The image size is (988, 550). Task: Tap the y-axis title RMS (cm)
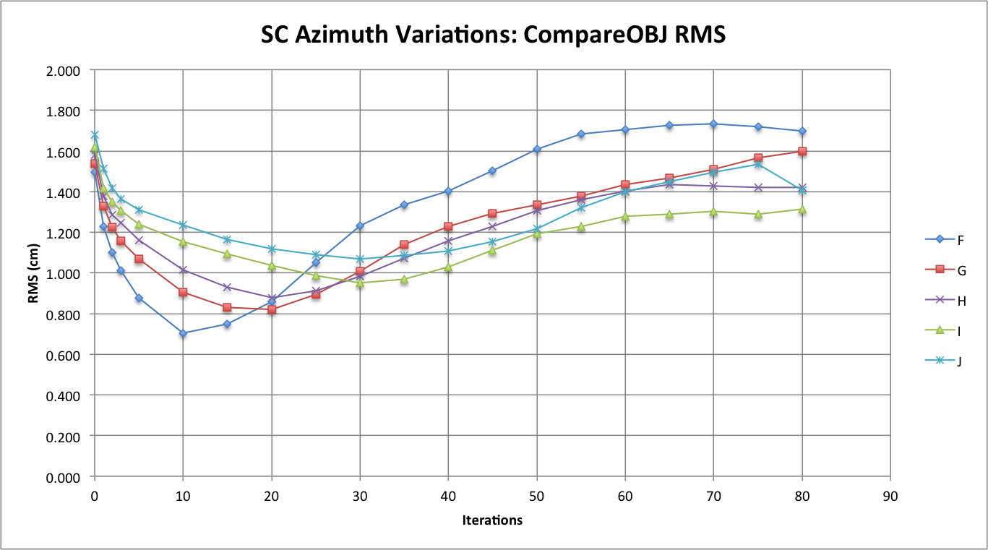tap(34, 274)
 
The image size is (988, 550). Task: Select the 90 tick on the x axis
tap(890, 497)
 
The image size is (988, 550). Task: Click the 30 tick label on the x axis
tap(360, 497)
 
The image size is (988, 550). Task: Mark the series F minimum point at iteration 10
tap(183, 333)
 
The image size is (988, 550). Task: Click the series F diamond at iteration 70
tap(713, 124)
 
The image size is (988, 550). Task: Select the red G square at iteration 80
tap(802, 151)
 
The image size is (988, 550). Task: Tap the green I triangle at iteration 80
tap(802, 209)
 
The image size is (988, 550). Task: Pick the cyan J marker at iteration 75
tap(758, 164)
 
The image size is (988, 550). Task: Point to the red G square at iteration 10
tap(183, 292)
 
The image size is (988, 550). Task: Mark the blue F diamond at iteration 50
tap(537, 149)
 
